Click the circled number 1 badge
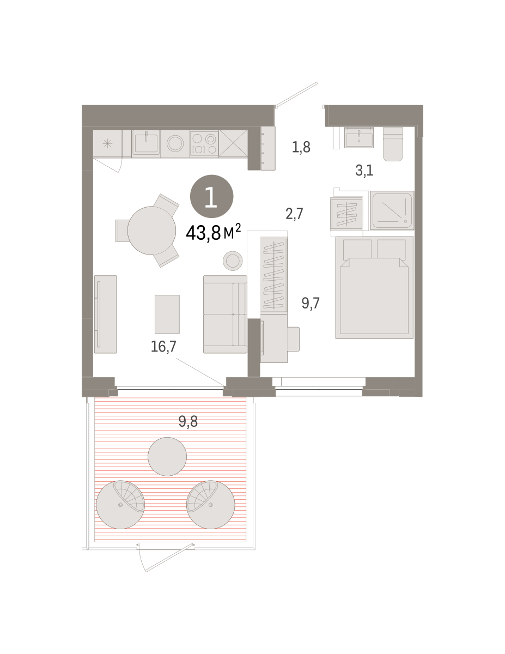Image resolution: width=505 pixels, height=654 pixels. click(x=211, y=196)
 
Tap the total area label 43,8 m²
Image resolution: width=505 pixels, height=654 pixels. click(x=213, y=233)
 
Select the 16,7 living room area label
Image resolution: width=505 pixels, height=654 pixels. click(x=163, y=347)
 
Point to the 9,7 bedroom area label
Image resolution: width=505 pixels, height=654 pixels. click(x=311, y=303)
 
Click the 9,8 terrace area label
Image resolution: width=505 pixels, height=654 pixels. click(x=188, y=421)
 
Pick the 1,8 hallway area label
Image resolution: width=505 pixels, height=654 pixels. click(x=301, y=147)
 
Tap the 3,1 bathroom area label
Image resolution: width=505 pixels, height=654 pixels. click(x=364, y=171)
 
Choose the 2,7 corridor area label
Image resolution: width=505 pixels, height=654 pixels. click(x=294, y=214)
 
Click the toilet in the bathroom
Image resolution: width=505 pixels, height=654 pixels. click(x=393, y=144)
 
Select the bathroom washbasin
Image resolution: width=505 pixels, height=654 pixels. click(x=359, y=137)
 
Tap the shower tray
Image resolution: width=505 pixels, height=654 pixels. click(x=392, y=210)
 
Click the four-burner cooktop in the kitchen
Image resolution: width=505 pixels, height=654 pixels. click(x=204, y=144)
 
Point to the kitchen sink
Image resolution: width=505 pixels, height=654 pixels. click(x=146, y=143)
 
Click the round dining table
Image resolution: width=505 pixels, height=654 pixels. click(x=151, y=231)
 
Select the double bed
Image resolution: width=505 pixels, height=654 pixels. click(x=374, y=288)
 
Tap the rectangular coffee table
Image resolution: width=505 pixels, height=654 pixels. click(x=167, y=314)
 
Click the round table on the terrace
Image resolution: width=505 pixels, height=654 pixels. click(x=167, y=457)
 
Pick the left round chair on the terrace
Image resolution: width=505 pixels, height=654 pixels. click(x=120, y=505)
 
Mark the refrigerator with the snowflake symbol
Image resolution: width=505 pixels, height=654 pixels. click(x=107, y=143)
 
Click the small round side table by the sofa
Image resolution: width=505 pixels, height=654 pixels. click(x=233, y=261)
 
